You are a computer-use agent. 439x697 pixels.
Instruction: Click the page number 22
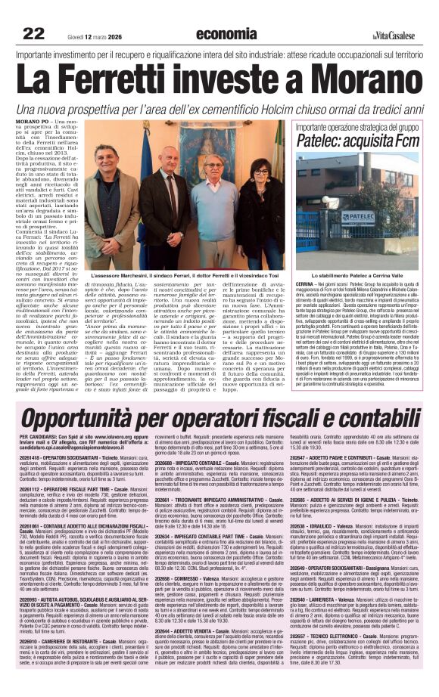tap(33, 33)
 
